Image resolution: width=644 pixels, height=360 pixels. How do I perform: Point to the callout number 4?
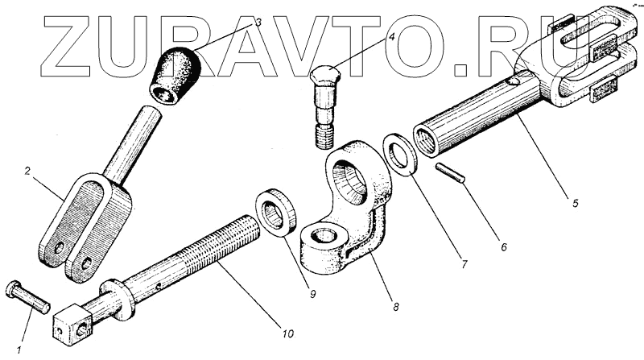[391, 37]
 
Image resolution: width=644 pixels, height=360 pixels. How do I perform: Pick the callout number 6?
[503, 248]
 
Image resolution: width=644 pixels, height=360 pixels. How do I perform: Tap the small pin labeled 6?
[448, 175]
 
